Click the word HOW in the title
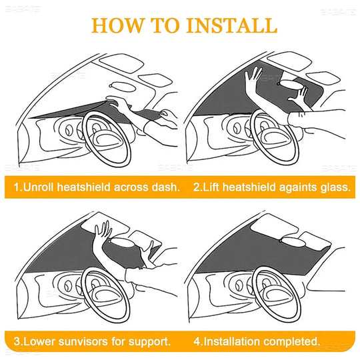[x=117, y=25]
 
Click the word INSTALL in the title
[x=233, y=25]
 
